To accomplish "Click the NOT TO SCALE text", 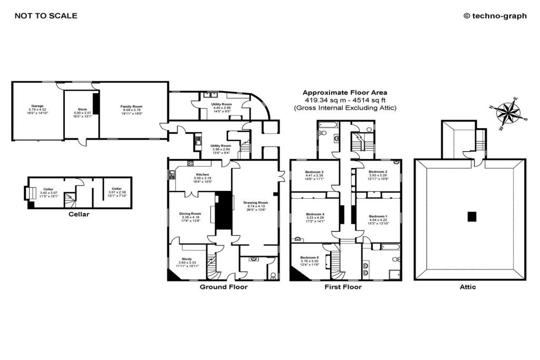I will [46, 16].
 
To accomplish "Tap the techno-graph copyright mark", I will [495, 16].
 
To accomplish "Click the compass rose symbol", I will [508, 112].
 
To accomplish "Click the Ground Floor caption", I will [224, 287].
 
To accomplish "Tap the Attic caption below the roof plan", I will [468, 287].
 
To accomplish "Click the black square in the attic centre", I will [471, 216].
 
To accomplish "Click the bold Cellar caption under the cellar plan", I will [79, 215].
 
